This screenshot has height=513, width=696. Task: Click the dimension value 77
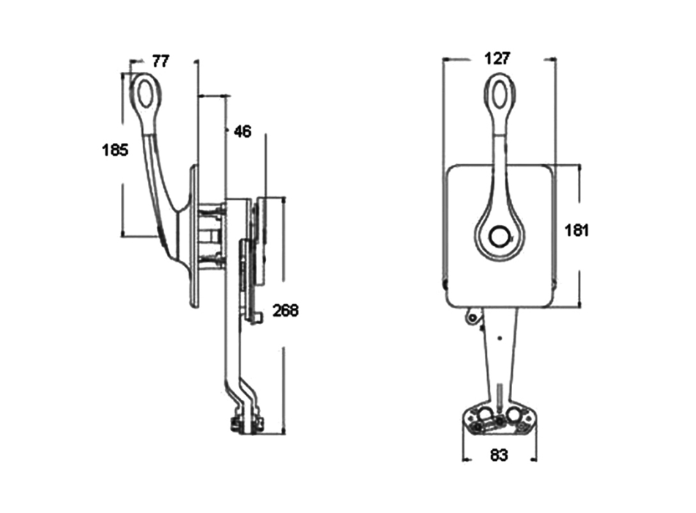[160, 62]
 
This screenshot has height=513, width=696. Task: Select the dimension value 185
[115, 150]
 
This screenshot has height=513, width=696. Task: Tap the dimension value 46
[243, 131]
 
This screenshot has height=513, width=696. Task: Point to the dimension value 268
[286, 311]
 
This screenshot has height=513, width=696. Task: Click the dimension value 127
[497, 58]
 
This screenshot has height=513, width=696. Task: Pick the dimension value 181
[576, 231]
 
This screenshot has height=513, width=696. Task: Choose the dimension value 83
[498, 455]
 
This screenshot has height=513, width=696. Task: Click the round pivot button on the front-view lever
[500, 235]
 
